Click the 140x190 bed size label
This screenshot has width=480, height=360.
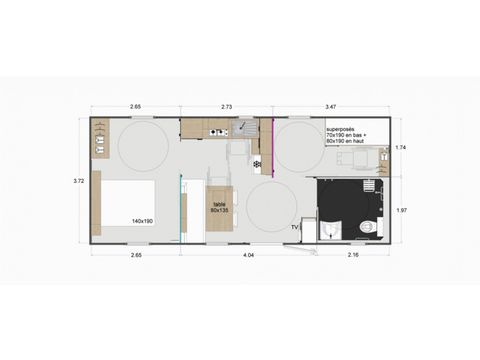pos(141,221)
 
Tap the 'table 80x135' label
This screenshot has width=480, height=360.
pos(220,208)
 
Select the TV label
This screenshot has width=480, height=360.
pos(294,227)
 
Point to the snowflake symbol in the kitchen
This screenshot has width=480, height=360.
pos(257,163)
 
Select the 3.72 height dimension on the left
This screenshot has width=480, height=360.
pos(78,181)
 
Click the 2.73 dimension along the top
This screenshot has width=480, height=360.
pos(227,105)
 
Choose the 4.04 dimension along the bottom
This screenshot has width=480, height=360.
pos(247,256)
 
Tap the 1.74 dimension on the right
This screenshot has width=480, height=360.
pos(401,147)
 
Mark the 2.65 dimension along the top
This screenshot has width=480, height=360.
pos(134,105)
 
